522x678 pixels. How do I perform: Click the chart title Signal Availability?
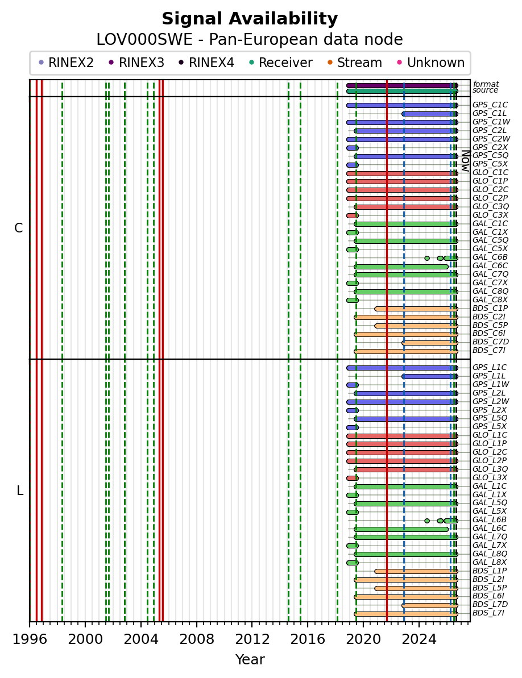tap(250, 19)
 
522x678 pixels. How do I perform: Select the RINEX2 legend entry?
tap(66, 63)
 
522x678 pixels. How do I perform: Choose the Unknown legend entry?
tap(431, 63)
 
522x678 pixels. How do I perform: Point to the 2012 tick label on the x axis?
tap(252, 639)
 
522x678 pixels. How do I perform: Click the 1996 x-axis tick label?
tap(30, 639)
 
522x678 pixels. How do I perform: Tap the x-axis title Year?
tap(250, 659)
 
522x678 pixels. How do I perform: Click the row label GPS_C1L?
tap(489, 114)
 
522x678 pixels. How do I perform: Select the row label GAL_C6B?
tap(490, 257)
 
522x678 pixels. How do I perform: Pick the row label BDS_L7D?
tap(490, 605)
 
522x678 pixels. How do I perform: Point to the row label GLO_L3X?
tap(490, 477)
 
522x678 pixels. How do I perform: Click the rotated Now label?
tap(466, 161)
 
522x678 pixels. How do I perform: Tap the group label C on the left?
tap(18, 228)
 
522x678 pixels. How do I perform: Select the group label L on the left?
tap(19, 491)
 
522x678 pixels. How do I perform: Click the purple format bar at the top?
tap(402, 86)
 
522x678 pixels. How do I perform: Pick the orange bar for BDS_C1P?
tap(416, 309)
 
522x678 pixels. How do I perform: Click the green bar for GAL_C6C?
tap(401, 267)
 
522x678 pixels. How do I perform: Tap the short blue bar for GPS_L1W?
tap(353, 385)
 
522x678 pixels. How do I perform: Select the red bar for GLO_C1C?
tap(402, 173)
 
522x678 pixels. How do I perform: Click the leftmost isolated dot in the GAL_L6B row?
tap(427, 521)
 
